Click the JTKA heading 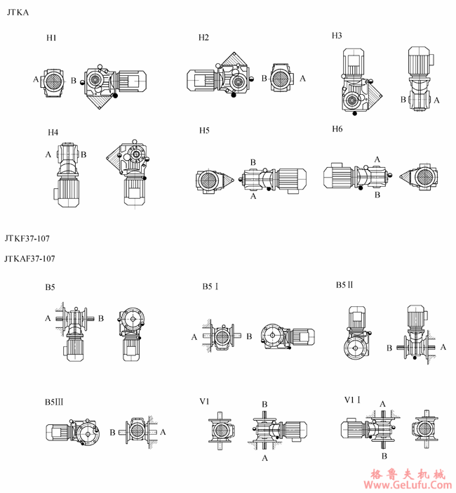[18, 13]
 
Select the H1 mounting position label [51, 38]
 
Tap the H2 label [203, 38]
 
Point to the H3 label [337, 36]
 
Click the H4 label [53, 132]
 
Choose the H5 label [204, 131]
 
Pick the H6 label [337, 129]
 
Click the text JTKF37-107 [27, 239]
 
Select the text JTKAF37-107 [29, 258]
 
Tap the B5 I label [210, 287]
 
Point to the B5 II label [344, 285]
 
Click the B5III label [54, 402]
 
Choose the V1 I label [352, 400]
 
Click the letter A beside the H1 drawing [36, 79]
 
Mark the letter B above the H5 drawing [253, 162]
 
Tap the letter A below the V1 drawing [264, 458]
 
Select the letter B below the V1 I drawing [384, 456]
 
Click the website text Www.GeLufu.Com [408, 485]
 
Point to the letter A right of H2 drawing [302, 78]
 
